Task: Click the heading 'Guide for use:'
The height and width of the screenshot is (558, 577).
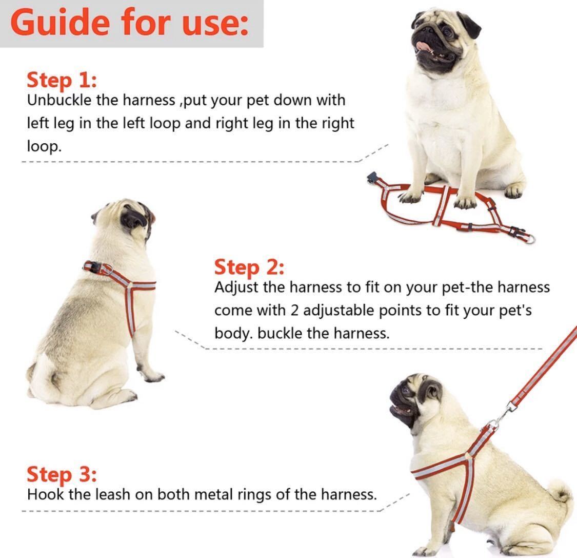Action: (x=130, y=22)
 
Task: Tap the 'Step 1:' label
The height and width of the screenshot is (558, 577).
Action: (x=62, y=80)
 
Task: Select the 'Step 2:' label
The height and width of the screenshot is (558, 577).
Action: (x=249, y=267)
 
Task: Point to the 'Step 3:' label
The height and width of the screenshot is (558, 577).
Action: (x=62, y=474)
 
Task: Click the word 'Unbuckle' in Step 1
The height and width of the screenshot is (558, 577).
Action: (x=59, y=100)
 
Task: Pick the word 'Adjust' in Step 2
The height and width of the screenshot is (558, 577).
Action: (x=236, y=287)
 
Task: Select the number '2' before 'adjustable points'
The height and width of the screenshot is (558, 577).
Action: (x=294, y=311)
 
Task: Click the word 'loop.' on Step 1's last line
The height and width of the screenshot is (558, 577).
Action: (x=44, y=146)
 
